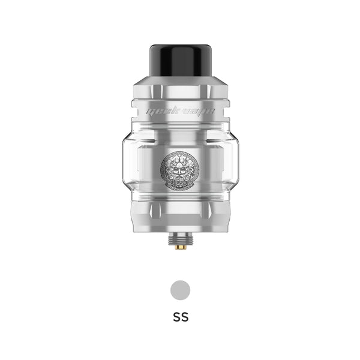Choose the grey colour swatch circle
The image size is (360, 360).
click(x=180, y=291)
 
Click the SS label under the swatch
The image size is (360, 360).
click(x=180, y=317)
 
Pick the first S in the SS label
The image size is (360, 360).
click(x=175, y=317)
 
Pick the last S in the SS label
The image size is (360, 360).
click(x=185, y=317)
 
